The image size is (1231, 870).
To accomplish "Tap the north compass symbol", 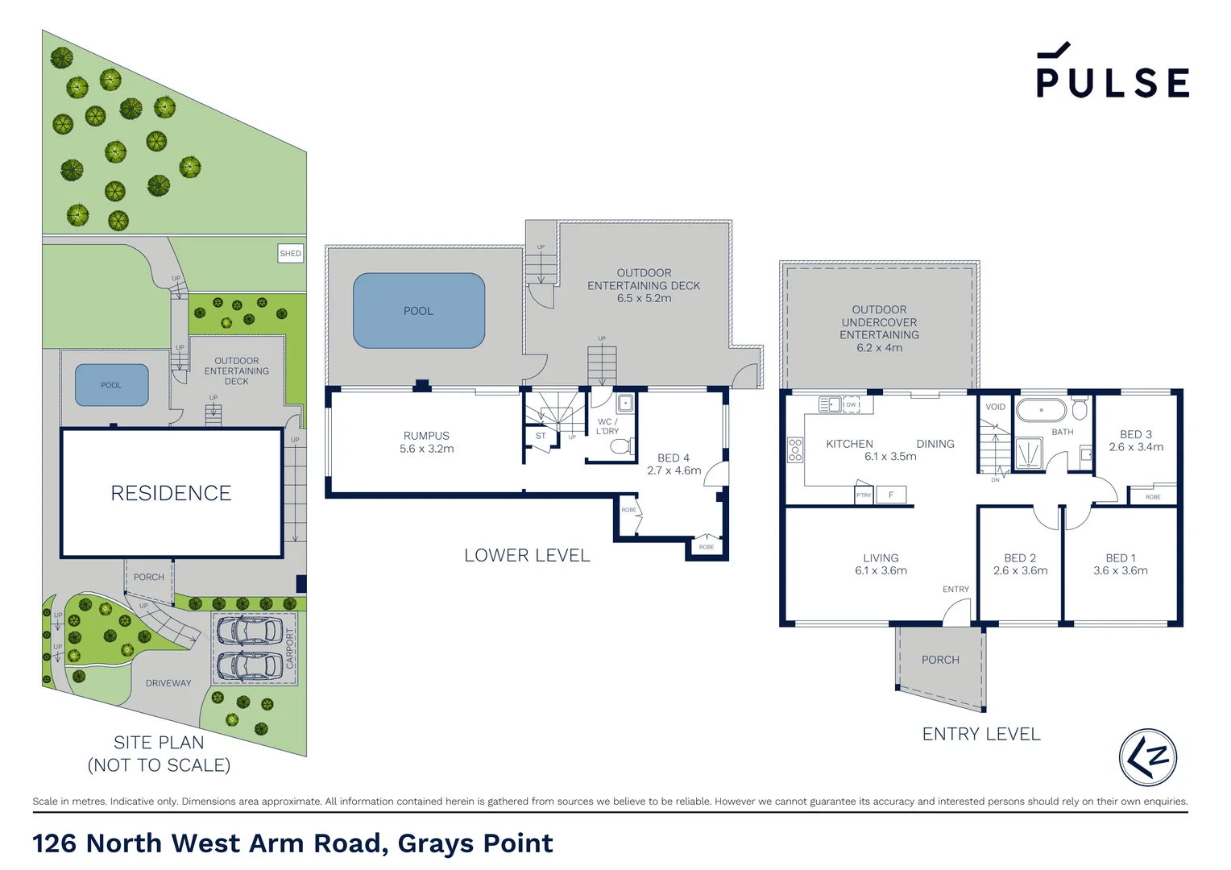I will pos(1147,757).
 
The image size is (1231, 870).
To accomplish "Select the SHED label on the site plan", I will pos(290,253).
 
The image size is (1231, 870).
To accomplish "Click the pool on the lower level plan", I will pos(419,311).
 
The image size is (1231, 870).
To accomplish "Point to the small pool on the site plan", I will pos(111,385).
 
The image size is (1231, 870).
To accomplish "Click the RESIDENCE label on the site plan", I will pos(171,493).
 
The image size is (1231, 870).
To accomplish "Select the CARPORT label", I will pos(290,648).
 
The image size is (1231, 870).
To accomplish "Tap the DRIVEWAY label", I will pos(168,683).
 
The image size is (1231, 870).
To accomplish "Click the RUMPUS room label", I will pos(426,436).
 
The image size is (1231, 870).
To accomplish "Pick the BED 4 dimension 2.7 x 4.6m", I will pos(674,470).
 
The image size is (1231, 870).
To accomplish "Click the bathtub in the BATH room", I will pos(1041,410).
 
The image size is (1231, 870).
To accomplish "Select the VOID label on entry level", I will pos(995,407).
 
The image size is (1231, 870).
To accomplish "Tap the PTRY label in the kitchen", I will pos(864,495).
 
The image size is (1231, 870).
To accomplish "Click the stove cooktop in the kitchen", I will pos(795,449).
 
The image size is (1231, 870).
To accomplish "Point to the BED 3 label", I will pos(1136,434).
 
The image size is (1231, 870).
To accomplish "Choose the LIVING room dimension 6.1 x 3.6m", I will pos(881,570).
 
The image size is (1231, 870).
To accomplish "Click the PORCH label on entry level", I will pos(940,660).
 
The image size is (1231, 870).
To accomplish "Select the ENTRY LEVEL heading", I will pos(981,734).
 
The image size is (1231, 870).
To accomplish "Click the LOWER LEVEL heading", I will pos(527,555).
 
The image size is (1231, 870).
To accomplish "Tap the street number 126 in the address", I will pos(55,843).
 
